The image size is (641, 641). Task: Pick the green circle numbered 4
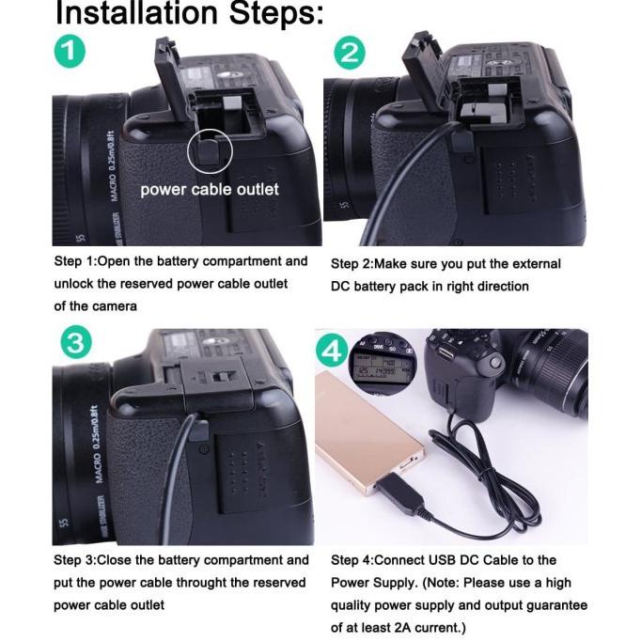tap(333, 352)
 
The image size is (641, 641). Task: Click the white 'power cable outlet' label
tap(209, 189)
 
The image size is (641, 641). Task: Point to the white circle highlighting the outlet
tap(209, 149)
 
